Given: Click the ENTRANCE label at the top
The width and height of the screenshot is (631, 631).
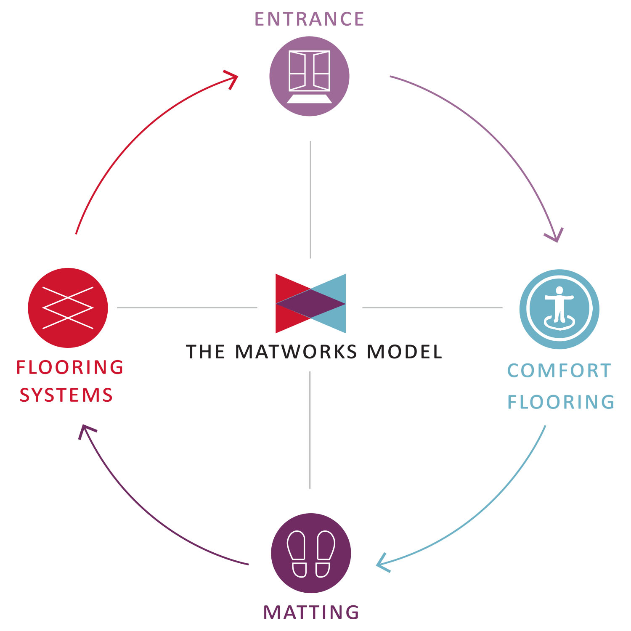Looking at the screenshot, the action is (x=309, y=19).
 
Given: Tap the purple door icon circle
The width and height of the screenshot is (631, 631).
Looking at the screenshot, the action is (x=309, y=76).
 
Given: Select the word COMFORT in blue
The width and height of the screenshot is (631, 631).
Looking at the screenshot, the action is (x=559, y=371).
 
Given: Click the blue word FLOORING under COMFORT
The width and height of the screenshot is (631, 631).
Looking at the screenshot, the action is (x=561, y=402).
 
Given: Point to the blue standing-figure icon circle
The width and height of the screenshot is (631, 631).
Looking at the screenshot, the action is (x=559, y=309).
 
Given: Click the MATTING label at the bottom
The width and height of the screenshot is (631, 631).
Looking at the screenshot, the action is (x=311, y=612).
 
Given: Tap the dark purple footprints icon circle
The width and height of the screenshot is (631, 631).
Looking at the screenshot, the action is (x=311, y=553).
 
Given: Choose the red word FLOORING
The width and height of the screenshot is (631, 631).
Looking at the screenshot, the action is (x=70, y=367).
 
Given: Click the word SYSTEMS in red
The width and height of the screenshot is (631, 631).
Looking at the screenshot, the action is (x=66, y=395).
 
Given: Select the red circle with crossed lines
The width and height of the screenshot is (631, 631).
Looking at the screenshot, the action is (x=68, y=308).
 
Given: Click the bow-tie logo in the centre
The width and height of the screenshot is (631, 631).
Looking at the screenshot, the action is (x=310, y=303).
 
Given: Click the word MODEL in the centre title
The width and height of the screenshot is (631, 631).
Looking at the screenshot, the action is (x=405, y=352).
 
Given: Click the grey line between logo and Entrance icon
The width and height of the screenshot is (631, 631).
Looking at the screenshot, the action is (x=310, y=199).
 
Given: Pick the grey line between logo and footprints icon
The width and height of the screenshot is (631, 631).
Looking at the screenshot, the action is (x=310, y=430).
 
